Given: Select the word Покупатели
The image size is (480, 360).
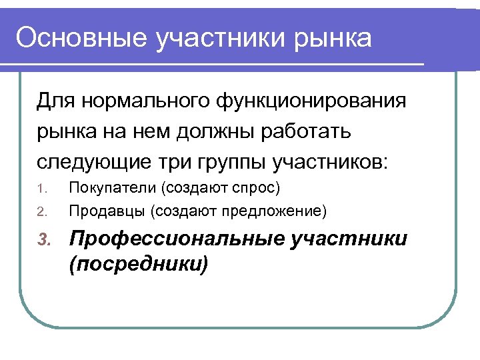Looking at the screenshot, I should click(x=106, y=187).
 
